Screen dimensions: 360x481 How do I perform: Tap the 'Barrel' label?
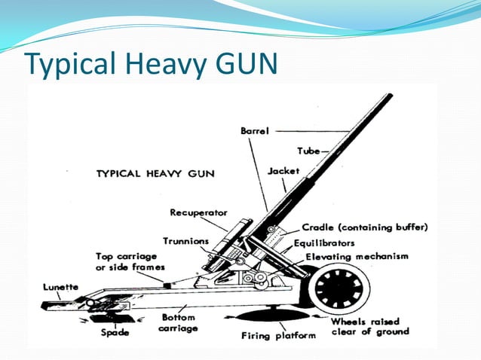(x=254, y=131)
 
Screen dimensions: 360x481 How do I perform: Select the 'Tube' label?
(x=308, y=151)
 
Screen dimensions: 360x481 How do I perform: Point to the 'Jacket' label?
(x=283, y=172)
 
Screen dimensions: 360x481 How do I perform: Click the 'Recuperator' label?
(x=198, y=212)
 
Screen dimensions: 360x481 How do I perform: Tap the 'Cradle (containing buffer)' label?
(x=365, y=227)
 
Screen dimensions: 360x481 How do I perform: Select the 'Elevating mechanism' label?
(x=357, y=257)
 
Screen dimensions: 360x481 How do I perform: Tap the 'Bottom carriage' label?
(x=179, y=324)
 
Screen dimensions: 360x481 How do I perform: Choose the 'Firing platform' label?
(x=278, y=335)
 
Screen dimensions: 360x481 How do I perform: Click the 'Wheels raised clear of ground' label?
(x=369, y=326)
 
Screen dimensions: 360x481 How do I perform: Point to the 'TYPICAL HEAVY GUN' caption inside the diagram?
(x=155, y=173)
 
